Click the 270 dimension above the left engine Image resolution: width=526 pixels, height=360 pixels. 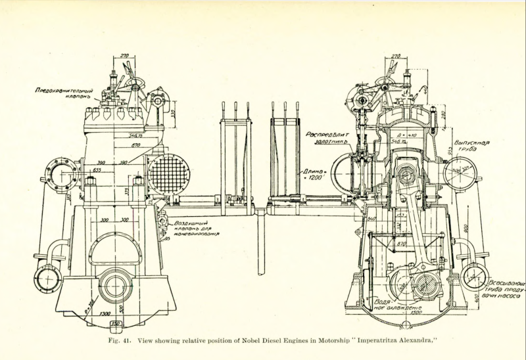pos(122,57)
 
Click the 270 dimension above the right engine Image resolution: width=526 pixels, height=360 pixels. pos(395,56)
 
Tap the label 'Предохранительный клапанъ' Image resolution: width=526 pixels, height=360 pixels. pos(64,93)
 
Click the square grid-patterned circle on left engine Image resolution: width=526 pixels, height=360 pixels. pos(168,173)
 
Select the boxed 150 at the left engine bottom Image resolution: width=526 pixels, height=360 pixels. pos(116,324)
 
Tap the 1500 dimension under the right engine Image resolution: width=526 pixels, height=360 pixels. pos(412,313)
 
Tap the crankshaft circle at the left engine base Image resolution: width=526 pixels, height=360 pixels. pos(115,287)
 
